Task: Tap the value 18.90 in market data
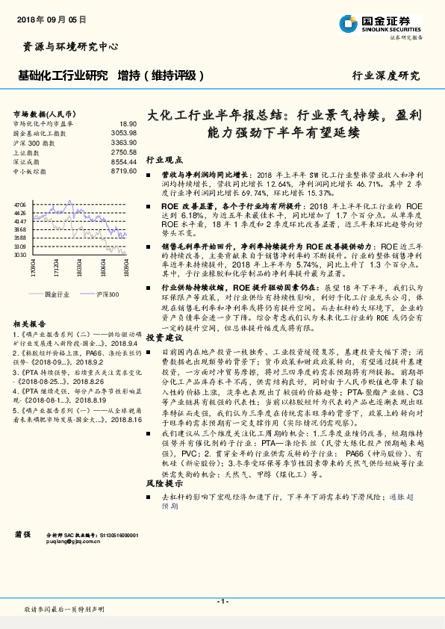coord(128,123)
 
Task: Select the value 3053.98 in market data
coord(124,132)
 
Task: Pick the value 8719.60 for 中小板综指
coord(124,171)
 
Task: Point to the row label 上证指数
coord(29,152)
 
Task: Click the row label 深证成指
coord(29,161)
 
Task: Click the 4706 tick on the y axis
coord(20,204)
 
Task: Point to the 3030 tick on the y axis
coord(20,255)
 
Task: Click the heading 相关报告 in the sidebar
coord(29,303)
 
